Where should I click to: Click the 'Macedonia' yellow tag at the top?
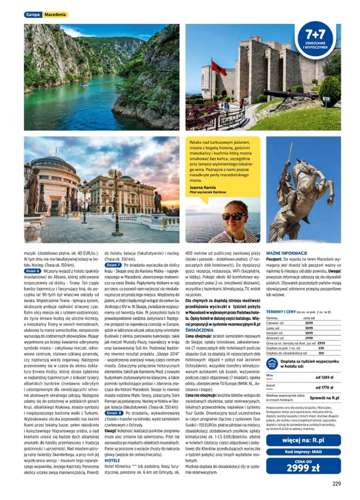(55, 15)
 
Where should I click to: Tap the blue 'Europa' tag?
(33, 15)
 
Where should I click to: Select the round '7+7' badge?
(315, 39)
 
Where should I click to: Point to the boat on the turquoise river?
(84, 84)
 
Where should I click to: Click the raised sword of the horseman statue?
(290, 152)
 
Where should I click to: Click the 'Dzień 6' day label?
(32, 270)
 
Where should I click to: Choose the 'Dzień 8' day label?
(113, 413)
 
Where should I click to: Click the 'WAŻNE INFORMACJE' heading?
(286, 253)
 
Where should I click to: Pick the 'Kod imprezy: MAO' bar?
(303, 451)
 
